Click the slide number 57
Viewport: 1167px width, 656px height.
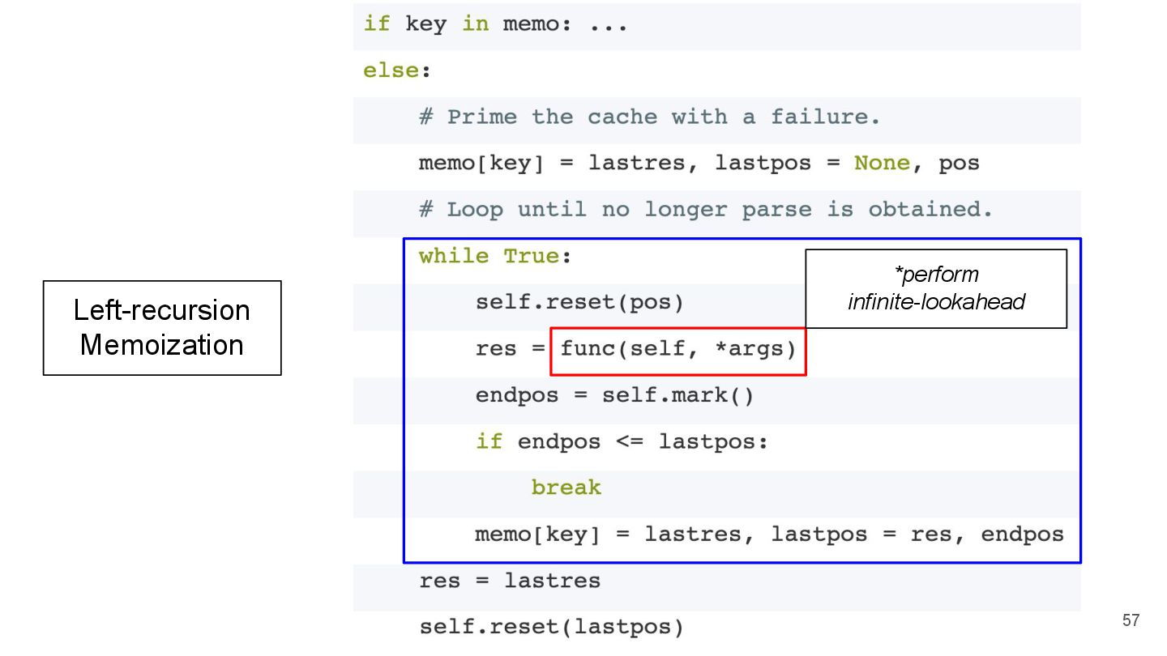click(x=1131, y=620)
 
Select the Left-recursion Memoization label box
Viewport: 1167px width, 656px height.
click(x=162, y=328)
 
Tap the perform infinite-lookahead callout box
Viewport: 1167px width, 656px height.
click(x=936, y=288)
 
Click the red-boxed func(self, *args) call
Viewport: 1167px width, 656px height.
click(x=678, y=350)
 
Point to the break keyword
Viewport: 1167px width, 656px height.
click(x=566, y=488)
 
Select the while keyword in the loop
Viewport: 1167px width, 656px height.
click(x=454, y=256)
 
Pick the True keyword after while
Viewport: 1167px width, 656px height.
click(x=532, y=256)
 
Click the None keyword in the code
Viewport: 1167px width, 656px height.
click(x=882, y=163)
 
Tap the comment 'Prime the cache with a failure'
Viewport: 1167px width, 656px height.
click(x=649, y=117)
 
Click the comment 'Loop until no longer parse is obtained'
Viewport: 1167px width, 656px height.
click(x=705, y=210)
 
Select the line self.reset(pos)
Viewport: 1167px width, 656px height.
click(x=579, y=303)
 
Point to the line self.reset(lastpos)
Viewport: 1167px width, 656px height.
click(x=551, y=627)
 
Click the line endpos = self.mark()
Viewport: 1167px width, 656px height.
click(x=614, y=396)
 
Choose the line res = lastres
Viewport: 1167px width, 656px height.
click(x=510, y=581)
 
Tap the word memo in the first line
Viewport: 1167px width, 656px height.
click(x=531, y=23)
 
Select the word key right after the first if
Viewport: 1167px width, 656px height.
click(x=425, y=23)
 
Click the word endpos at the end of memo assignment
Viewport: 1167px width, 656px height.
click(x=1022, y=535)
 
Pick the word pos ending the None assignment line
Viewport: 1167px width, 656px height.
click(x=959, y=163)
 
